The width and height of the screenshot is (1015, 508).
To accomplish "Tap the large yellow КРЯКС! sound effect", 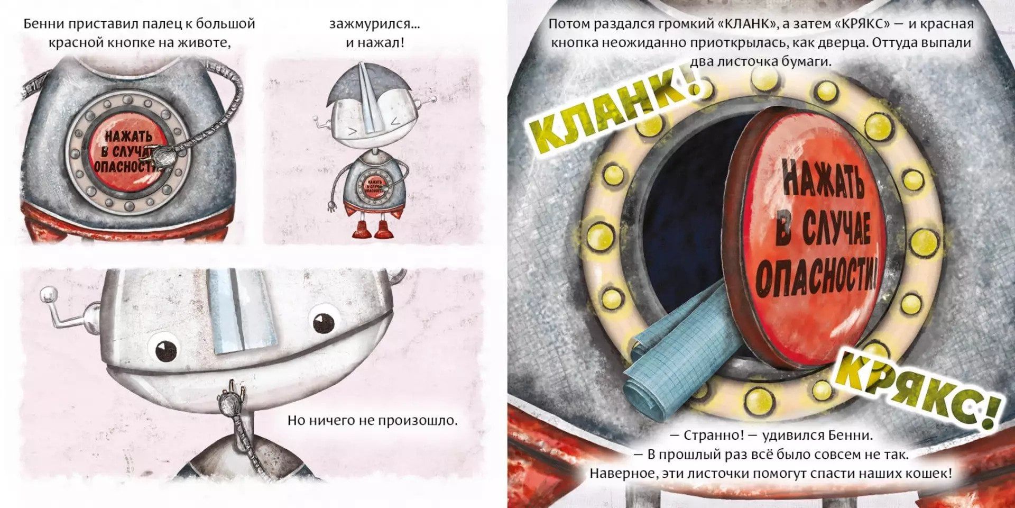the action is (x=917, y=389).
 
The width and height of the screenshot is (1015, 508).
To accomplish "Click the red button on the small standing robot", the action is (x=374, y=185).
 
